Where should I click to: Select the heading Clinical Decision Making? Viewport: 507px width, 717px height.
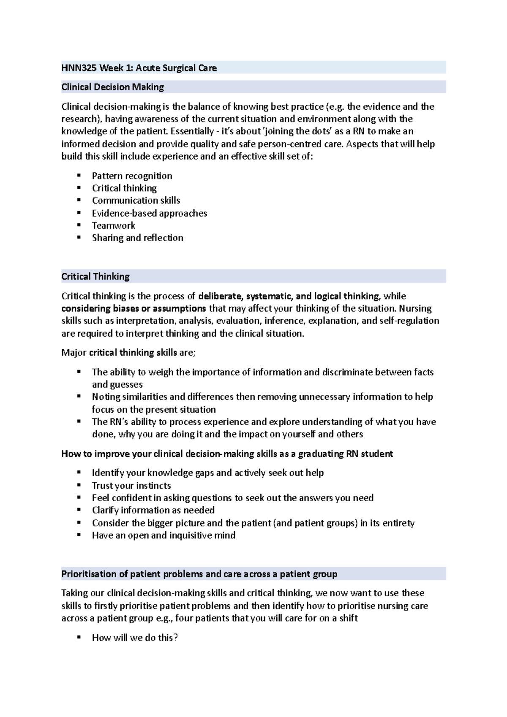(x=112, y=87)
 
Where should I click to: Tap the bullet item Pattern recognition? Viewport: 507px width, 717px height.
(x=132, y=176)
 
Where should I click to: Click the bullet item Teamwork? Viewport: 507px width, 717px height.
(x=114, y=225)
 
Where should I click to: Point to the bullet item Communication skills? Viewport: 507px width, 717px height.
(x=136, y=201)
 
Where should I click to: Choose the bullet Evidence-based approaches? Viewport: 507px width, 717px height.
(x=150, y=213)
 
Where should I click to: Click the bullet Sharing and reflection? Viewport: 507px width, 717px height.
(x=137, y=238)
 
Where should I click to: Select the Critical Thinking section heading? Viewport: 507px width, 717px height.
(x=95, y=277)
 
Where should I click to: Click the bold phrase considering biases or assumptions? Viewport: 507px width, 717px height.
(x=134, y=308)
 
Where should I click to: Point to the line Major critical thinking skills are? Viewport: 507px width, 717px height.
(x=128, y=353)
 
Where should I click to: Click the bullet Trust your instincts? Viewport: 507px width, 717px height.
(x=131, y=486)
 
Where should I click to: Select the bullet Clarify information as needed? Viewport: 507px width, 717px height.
(x=153, y=510)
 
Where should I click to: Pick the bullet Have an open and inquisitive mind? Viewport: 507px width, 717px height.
(x=164, y=535)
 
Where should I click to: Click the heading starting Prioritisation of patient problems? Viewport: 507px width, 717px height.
(x=199, y=574)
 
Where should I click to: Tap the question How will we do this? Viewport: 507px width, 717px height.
(x=135, y=638)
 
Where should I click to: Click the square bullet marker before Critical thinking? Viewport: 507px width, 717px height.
(x=79, y=188)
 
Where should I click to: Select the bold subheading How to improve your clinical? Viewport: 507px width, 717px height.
(x=227, y=454)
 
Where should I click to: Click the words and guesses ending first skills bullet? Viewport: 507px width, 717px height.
(x=117, y=385)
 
